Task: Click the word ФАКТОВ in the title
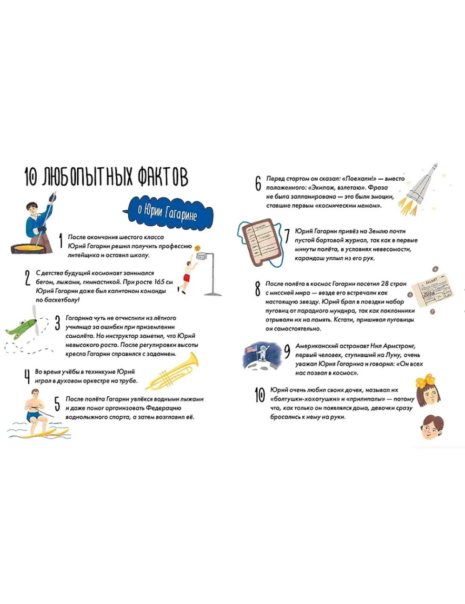click(163, 176)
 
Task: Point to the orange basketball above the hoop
click(197, 248)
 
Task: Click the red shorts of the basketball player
click(186, 278)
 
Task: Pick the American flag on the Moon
click(252, 349)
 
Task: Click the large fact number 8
click(258, 289)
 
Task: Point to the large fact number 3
click(57, 323)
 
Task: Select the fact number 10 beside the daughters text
click(260, 395)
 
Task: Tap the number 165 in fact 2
click(159, 282)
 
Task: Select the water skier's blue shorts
click(34, 416)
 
